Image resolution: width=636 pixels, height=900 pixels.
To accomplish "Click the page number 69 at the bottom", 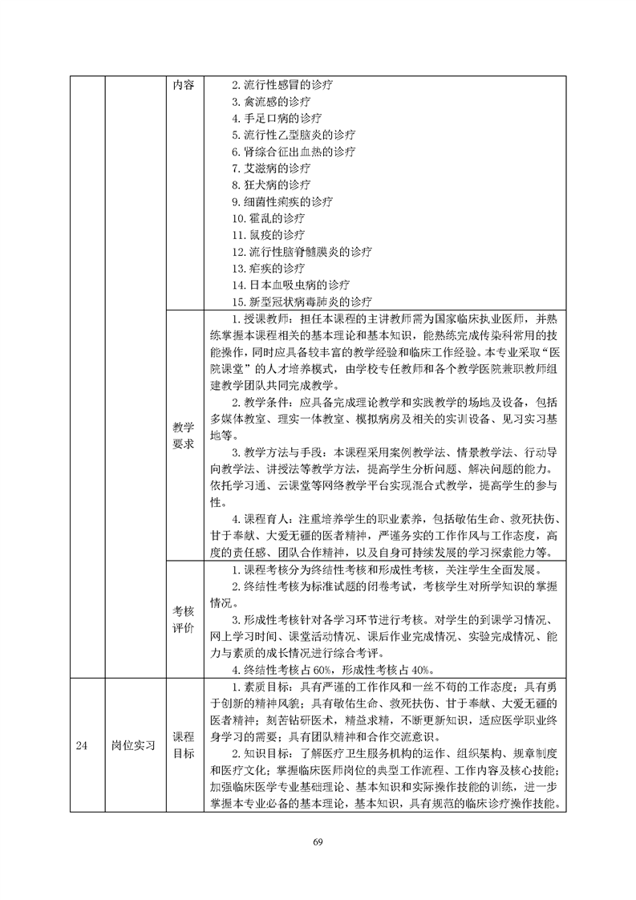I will click(318, 841).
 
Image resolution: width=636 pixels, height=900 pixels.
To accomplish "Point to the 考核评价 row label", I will click(183, 619).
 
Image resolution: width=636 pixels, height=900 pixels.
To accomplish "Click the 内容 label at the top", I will click(183, 85).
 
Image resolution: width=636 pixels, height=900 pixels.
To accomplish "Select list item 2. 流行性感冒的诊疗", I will click(282, 85).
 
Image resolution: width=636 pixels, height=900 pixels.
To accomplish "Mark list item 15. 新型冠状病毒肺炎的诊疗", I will click(302, 302).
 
